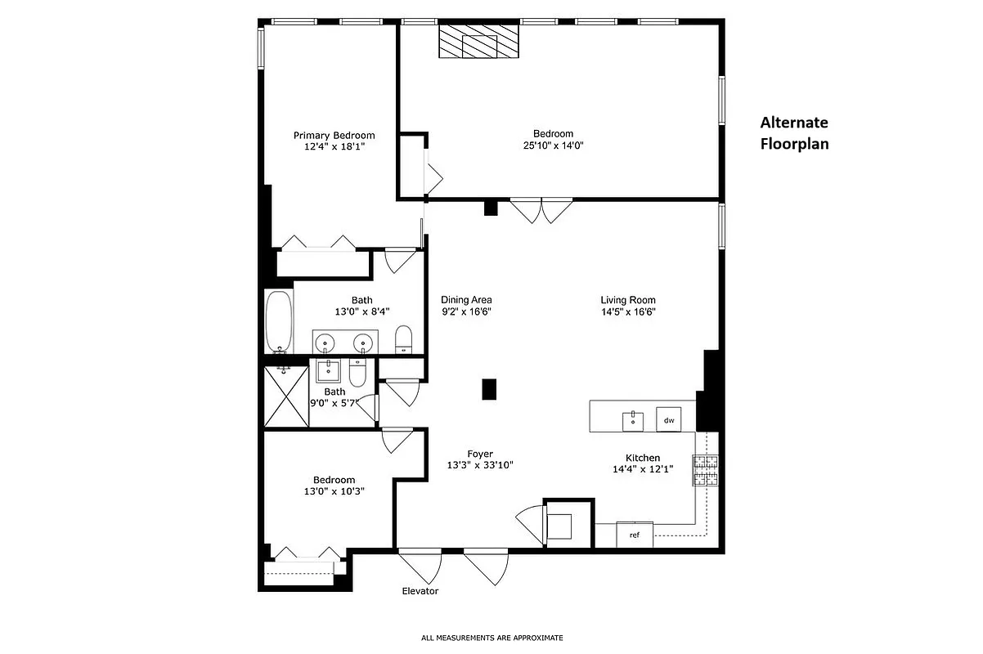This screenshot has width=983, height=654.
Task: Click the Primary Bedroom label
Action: pos(334,136)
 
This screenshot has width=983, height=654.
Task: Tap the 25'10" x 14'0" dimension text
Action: pos(553,146)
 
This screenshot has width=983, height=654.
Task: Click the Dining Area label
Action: pos(466,300)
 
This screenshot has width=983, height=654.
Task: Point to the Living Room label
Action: pos(628,300)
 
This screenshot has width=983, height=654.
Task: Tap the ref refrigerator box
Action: pos(635,535)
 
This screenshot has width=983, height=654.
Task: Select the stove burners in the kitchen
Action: pos(706,470)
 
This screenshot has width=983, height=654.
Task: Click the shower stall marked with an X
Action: pos(286,396)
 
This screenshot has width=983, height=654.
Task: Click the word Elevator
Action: pos(420,591)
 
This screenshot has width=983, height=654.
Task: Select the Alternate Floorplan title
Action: pos(794,133)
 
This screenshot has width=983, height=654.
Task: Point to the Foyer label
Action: pos(480,454)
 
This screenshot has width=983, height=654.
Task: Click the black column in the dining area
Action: pos(490,389)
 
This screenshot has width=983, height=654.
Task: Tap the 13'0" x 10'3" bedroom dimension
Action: pos(334,491)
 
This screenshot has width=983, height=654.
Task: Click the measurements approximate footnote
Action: pos(492,638)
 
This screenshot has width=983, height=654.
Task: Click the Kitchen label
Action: pos(643,458)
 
